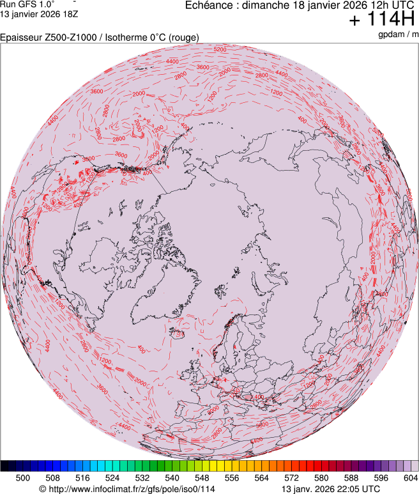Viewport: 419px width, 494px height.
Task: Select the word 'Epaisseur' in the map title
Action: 21,38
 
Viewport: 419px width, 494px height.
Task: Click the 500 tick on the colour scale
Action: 23,477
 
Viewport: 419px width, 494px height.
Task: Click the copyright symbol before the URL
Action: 42,489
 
